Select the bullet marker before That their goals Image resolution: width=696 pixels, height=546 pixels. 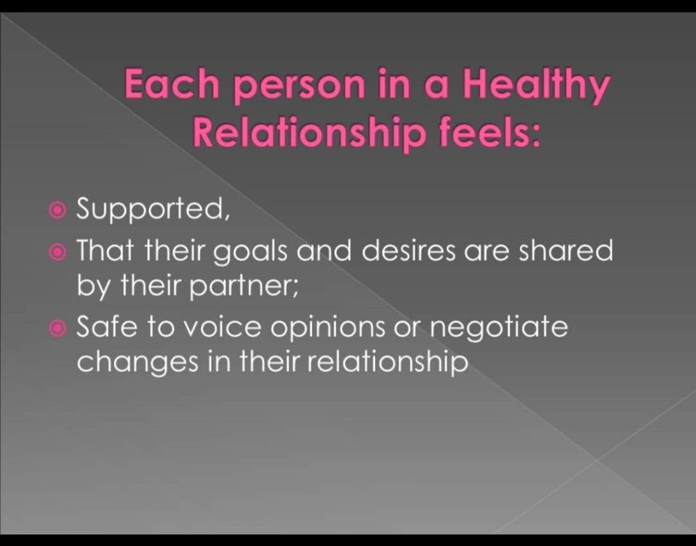coord(57,252)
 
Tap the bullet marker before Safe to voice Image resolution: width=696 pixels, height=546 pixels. coord(57,328)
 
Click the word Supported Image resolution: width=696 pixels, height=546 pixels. coord(153,209)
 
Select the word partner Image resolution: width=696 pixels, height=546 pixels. coord(244,286)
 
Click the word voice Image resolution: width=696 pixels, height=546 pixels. coord(222,328)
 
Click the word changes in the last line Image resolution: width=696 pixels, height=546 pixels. coord(138,362)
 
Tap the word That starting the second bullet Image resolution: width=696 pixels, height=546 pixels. coord(105,250)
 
